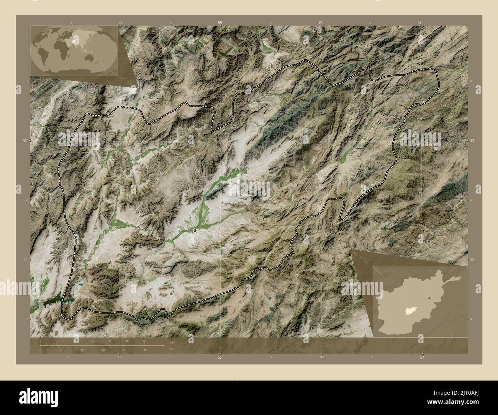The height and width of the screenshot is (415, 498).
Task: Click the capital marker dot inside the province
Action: click(195, 230)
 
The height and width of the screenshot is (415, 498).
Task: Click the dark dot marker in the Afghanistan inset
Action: click(430, 297)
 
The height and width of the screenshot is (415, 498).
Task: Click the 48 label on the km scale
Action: click(144, 341)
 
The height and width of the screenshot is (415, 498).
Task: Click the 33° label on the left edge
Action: click(25, 141)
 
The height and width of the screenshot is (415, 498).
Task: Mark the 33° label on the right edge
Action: click(472, 141)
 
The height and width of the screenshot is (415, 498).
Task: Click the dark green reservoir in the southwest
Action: click(54, 301)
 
